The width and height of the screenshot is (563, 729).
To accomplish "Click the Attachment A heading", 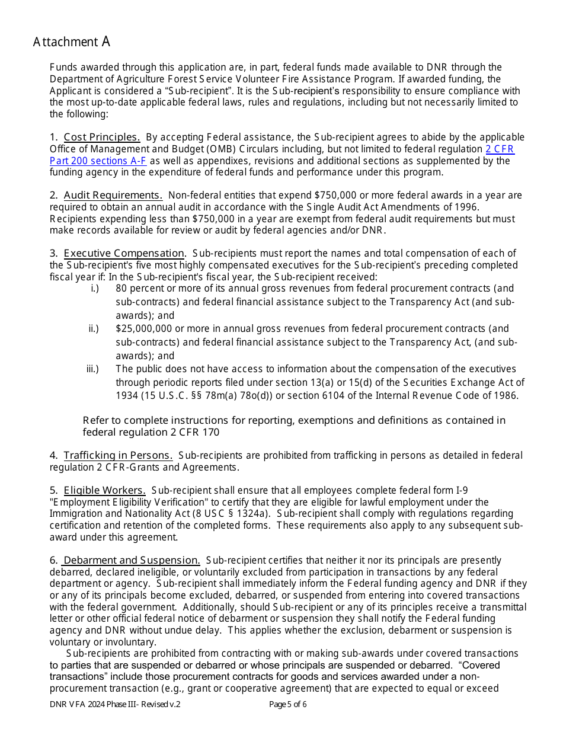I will click(72, 41).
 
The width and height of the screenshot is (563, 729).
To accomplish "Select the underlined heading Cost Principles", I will click(101, 138).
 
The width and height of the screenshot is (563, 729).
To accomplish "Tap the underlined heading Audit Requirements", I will click(113, 195).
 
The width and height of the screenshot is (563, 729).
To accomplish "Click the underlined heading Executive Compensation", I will click(124, 253).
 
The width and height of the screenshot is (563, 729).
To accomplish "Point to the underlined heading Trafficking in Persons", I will click(118, 455).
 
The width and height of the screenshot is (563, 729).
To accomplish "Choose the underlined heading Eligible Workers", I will click(104, 490).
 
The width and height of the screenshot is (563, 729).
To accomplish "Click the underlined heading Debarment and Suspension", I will click(132, 560).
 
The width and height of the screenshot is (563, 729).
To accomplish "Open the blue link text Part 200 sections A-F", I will click(98, 161).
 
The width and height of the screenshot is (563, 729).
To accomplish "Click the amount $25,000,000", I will click(144, 328).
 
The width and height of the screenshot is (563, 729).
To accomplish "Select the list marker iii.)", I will click(92, 369).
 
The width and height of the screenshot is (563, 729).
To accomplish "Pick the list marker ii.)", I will click(94, 328).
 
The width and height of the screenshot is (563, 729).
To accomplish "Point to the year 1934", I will click(127, 396).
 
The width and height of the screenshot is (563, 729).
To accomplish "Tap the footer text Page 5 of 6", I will click(287, 705).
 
